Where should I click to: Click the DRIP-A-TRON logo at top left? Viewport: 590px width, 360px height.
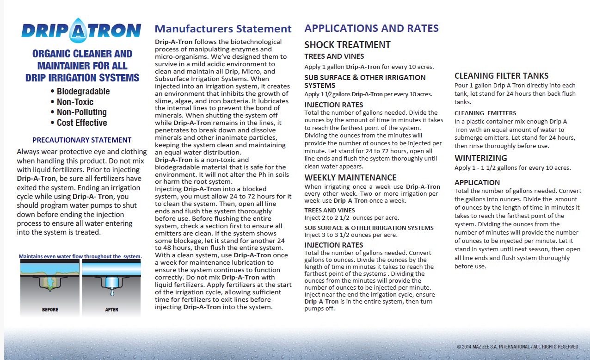click(x=81, y=31)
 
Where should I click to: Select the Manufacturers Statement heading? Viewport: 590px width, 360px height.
click(x=223, y=29)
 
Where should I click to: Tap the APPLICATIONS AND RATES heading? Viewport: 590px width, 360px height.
click(x=371, y=28)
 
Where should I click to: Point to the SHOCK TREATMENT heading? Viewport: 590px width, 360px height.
click(x=347, y=45)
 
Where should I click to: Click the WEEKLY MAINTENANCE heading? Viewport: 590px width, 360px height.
click(x=350, y=177)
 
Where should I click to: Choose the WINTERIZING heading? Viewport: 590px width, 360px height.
click(x=481, y=158)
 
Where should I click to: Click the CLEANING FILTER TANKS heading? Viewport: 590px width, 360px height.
click(x=501, y=76)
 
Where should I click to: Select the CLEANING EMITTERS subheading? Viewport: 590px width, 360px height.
click(x=485, y=113)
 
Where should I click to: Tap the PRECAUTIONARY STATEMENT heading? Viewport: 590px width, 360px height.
click(x=82, y=140)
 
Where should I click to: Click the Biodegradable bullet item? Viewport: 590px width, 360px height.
click(x=83, y=91)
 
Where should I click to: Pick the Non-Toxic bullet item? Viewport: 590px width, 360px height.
click(x=74, y=102)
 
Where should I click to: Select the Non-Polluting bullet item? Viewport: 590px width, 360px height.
click(x=81, y=112)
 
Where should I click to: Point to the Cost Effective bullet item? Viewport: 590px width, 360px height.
click(x=81, y=123)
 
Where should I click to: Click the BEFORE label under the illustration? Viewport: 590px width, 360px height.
click(x=50, y=310)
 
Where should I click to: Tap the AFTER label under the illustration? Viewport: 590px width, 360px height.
click(x=111, y=310)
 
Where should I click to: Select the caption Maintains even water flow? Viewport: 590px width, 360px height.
click(x=80, y=256)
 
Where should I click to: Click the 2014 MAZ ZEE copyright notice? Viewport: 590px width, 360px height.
click(x=517, y=347)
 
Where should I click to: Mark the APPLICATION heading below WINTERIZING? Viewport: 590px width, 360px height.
click(x=477, y=182)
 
